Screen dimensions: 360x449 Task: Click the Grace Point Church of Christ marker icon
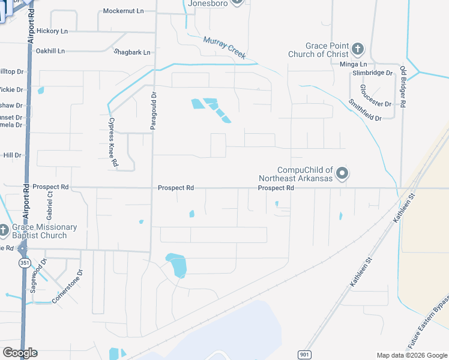point(357,49)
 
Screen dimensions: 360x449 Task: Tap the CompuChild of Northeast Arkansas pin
point(342,174)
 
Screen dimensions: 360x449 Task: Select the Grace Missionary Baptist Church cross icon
point(4,230)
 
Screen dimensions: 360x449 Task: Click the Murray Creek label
point(224,48)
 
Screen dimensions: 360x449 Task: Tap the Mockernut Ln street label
point(124,11)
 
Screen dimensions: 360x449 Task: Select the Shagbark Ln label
point(132,52)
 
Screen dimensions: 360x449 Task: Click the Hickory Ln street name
point(52,31)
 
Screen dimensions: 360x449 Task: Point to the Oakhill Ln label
point(50,51)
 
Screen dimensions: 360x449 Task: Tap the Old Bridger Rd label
point(403,87)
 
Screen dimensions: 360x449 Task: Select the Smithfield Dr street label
point(365,110)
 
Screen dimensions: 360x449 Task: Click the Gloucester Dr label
point(376,95)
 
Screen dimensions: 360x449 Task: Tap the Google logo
point(20,353)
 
